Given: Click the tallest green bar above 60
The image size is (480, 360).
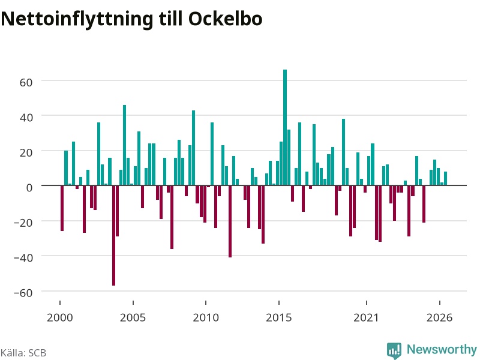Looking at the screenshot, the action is click(x=285, y=127).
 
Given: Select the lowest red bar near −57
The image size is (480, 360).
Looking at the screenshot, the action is click(x=114, y=235).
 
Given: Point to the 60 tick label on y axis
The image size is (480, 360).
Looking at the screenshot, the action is click(x=26, y=82).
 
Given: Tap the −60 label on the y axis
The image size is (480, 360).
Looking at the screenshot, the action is click(x=23, y=293).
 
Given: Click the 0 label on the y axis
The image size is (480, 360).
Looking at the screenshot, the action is click(x=29, y=187).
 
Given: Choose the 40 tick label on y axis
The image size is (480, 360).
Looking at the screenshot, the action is click(x=26, y=117).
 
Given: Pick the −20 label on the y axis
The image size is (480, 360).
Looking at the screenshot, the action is click(x=23, y=223).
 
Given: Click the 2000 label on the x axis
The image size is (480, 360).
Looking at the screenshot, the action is click(x=60, y=317).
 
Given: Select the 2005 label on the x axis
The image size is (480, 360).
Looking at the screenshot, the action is click(x=133, y=317).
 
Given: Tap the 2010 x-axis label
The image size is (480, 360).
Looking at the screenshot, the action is click(x=206, y=317).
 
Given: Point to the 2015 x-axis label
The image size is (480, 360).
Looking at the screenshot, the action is click(x=279, y=317).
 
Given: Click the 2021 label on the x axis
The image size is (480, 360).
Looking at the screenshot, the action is click(x=367, y=317).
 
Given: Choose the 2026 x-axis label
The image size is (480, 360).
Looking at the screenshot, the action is click(x=440, y=317).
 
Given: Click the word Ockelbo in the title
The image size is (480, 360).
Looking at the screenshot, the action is click(x=226, y=19).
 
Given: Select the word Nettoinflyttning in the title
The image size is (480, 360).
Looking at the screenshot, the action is click(x=77, y=20).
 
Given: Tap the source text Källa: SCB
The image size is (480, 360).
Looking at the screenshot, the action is click(x=23, y=353).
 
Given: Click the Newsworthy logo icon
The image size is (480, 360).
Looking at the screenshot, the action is click(x=394, y=350).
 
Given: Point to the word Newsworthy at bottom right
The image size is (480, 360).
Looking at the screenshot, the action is click(x=442, y=349).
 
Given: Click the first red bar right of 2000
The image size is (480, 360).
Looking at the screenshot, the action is click(x=62, y=208).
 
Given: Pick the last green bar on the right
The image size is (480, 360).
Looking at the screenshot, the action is click(x=445, y=178).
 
